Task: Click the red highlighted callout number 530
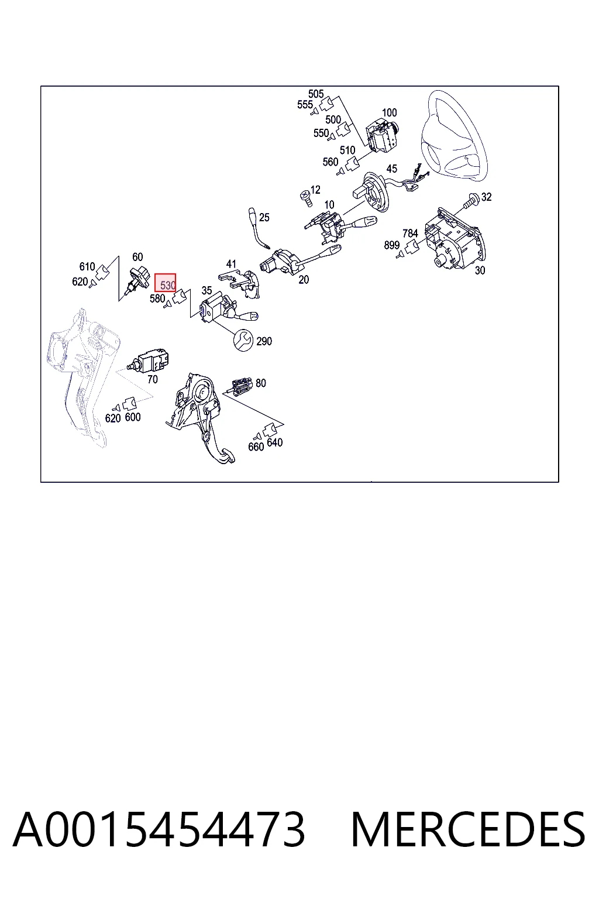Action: [166, 283]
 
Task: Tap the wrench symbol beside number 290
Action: [243, 340]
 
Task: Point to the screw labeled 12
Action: [306, 198]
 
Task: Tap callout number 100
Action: [389, 113]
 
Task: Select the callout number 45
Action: [391, 169]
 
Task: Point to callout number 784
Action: [410, 233]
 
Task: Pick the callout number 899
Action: [391, 245]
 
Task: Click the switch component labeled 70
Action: [147, 359]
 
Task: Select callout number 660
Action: [256, 447]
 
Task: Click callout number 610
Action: [87, 266]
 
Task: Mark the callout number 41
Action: [231, 264]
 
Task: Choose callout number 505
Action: [316, 94]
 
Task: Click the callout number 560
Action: [331, 162]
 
